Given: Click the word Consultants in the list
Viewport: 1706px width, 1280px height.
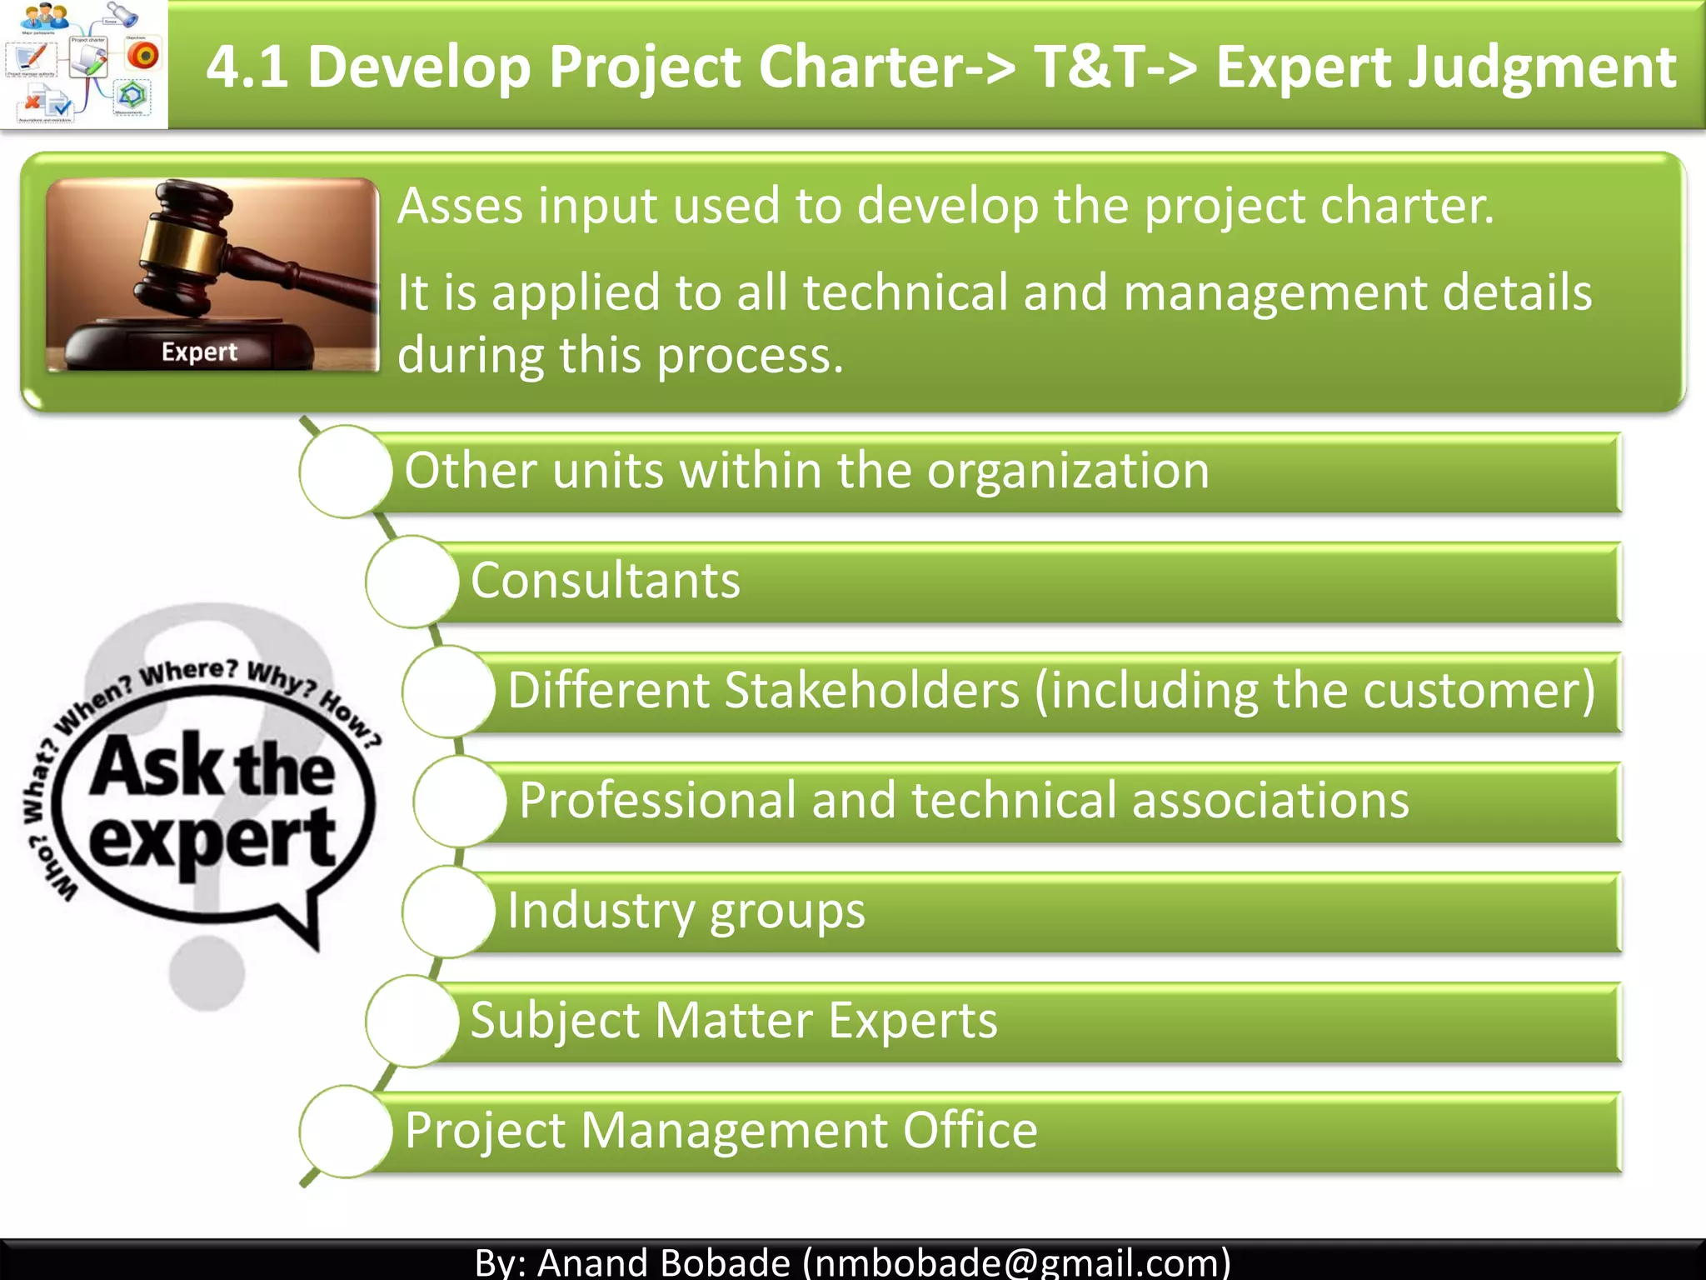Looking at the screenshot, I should click(x=606, y=581).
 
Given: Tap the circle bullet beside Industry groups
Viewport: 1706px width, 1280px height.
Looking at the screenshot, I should click(x=449, y=911).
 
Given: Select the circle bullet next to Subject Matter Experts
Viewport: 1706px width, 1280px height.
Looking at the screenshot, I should click(x=412, y=1021).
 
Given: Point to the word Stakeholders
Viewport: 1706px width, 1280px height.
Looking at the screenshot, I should click(x=871, y=691).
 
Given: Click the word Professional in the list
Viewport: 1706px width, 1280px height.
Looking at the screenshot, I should click(x=657, y=801).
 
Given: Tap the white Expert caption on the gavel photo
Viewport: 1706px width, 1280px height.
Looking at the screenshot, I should click(x=199, y=352).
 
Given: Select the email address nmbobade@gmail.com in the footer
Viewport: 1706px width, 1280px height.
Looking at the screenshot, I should click(x=1016, y=1262).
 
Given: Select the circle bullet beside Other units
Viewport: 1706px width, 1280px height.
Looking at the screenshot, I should click(x=346, y=471).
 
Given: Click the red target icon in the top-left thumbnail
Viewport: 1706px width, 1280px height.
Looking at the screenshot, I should click(x=143, y=55).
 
